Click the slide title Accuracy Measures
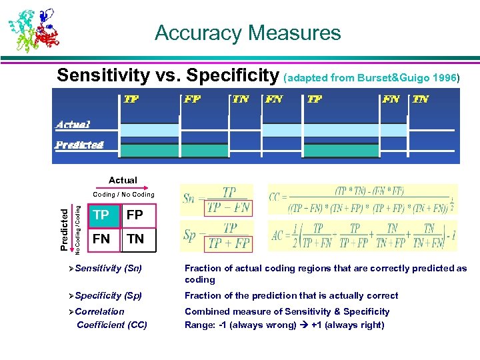pos(247,33)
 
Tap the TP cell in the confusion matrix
pos(102,215)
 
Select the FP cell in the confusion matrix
pos(135,215)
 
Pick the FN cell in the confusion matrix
pos(102,239)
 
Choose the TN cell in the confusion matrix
pos(135,239)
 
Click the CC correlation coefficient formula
pos(363,199)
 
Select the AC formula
pos(363,235)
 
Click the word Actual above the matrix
pos(123,180)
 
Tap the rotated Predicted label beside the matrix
pos(64,229)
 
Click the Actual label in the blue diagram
pos(73,124)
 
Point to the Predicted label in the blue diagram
pos(79,144)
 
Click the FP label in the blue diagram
pos(193,99)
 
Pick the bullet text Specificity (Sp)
pos(108,295)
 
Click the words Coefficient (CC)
pos(112,325)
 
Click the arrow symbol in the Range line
pos(303,325)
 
